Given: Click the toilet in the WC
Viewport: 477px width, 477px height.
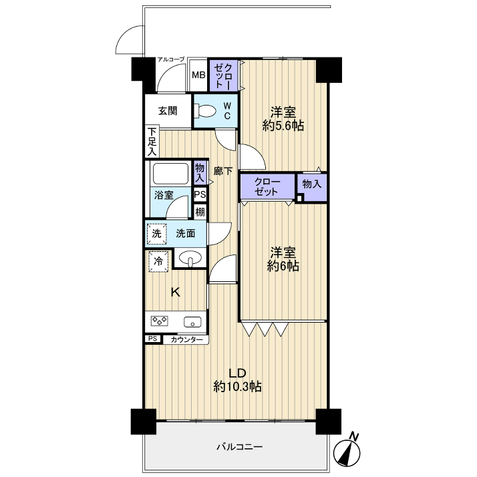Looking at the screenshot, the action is pyautogui.click(x=204, y=111).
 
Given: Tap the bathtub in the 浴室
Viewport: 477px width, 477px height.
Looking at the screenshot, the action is pyautogui.click(x=170, y=174).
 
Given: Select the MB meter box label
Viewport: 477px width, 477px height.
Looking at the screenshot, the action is pyautogui.click(x=198, y=75).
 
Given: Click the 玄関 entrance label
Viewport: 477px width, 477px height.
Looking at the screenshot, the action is pyautogui.click(x=168, y=111).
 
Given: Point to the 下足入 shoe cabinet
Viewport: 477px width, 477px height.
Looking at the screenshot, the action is pyautogui.click(x=152, y=142).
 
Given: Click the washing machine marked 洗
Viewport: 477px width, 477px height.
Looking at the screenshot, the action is pyautogui.click(x=157, y=234).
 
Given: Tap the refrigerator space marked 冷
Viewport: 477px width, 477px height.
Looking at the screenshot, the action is pyautogui.click(x=158, y=261).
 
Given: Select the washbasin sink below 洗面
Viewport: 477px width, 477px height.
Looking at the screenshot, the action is pyautogui.click(x=190, y=259).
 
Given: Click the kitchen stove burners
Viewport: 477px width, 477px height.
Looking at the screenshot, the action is pyautogui.click(x=160, y=320).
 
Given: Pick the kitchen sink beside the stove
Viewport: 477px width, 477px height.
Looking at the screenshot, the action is pyautogui.click(x=192, y=321).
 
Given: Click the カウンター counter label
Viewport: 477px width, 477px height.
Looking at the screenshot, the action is pyautogui.click(x=186, y=340).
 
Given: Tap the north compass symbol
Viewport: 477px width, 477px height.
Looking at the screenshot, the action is pyautogui.click(x=347, y=449).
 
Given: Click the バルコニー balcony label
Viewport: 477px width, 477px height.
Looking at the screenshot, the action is pyautogui.click(x=239, y=447).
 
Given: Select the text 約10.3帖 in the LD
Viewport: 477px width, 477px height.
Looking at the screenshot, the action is pyautogui.click(x=238, y=387).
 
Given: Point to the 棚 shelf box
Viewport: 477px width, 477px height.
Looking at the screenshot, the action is pyautogui.click(x=200, y=212).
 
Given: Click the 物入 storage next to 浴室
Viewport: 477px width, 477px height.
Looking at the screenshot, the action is pyautogui.click(x=200, y=173).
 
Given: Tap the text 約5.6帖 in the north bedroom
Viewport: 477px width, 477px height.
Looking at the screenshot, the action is pyautogui.click(x=283, y=126).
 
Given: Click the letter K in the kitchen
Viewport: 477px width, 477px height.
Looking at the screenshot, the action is pyautogui.click(x=176, y=293).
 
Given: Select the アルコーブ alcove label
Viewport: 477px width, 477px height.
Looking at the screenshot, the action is pyautogui.click(x=171, y=59).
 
